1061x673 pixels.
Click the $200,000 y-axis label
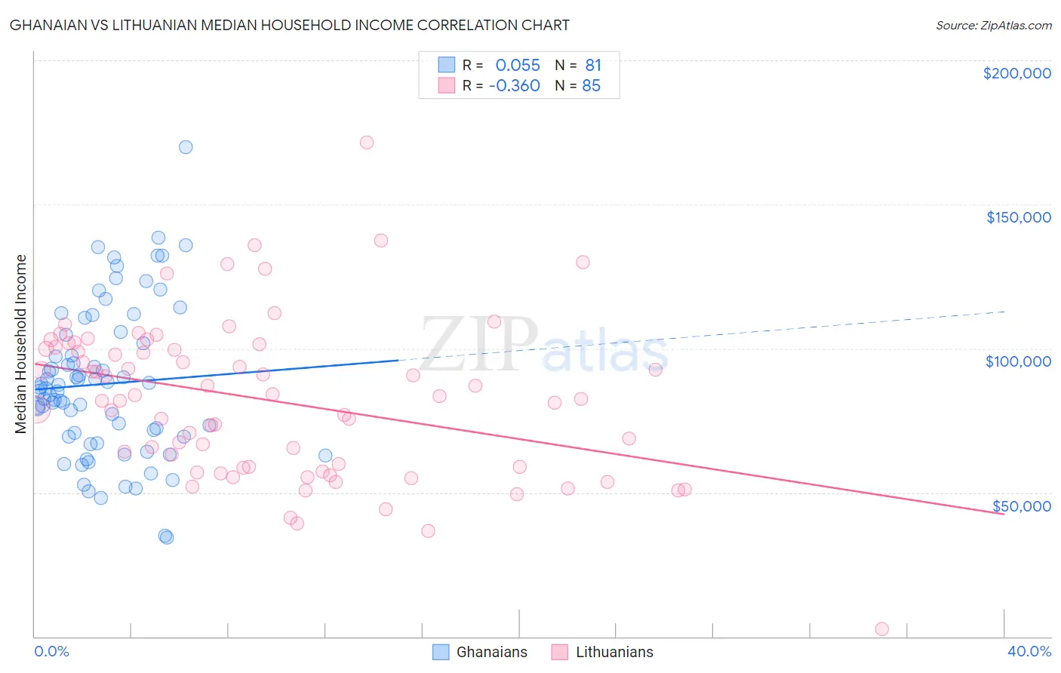point(1016,73)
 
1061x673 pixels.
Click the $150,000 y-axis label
point(1018,217)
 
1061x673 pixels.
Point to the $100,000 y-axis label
point(1018,361)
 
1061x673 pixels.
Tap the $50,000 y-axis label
point(1021,506)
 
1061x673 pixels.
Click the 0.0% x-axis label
point(51,652)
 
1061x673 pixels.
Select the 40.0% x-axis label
point(1029,652)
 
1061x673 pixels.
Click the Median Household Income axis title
point(21,344)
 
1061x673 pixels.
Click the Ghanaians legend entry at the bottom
point(491,653)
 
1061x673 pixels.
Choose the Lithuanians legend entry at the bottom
point(614,653)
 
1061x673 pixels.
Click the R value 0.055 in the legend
point(518,66)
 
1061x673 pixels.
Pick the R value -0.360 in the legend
point(515,86)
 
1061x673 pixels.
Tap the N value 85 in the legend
point(591,86)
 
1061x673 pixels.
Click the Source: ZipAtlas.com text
point(993,26)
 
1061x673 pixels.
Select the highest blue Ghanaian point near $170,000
point(186,147)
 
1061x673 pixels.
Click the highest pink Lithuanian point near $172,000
point(367,143)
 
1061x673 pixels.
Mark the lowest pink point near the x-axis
point(881,629)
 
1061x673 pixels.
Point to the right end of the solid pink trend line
point(1004,514)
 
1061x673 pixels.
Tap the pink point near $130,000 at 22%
point(583,263)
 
